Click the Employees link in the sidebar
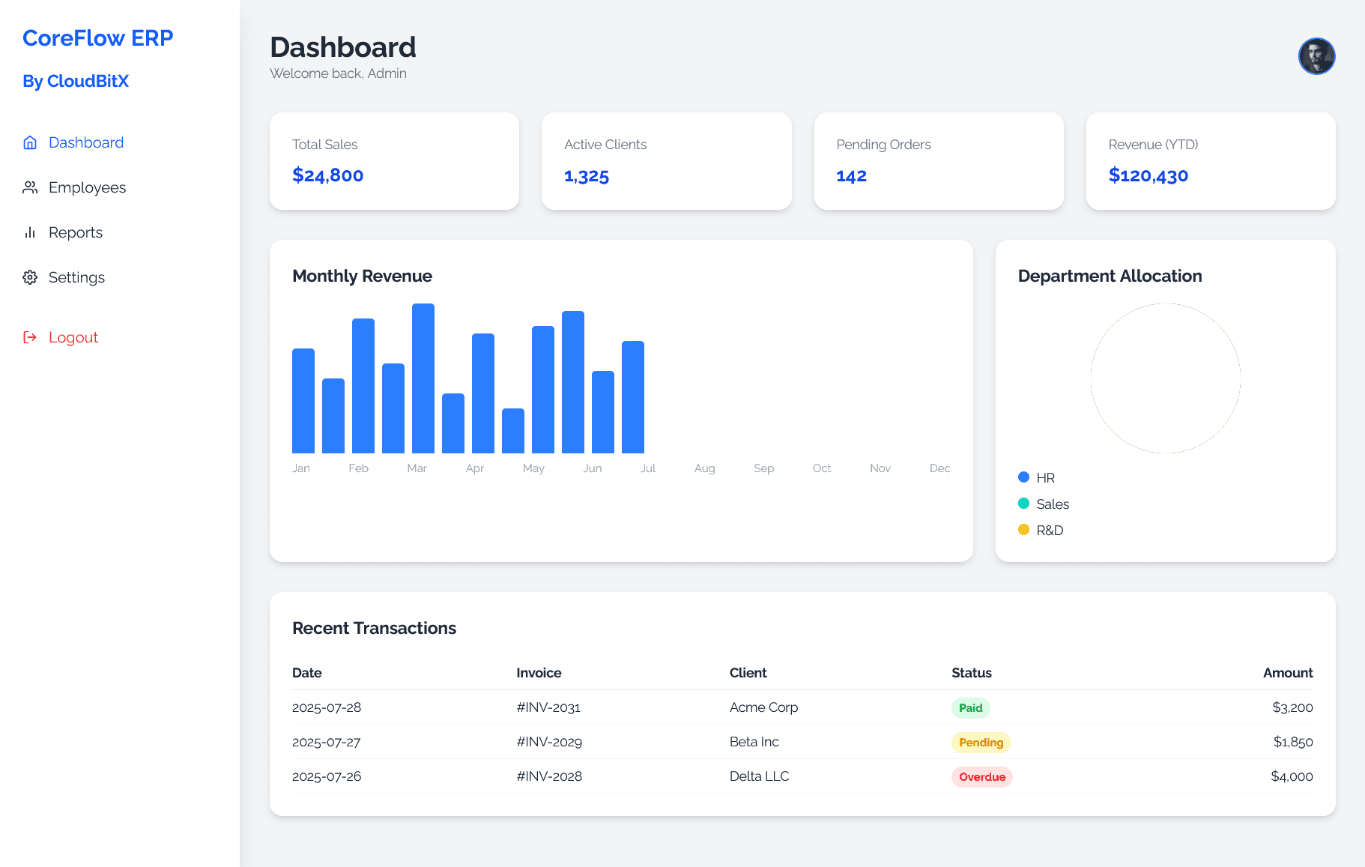[87, 187]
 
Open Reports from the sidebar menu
[75, 232]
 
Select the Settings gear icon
[30, 277]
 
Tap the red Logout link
[73, 337]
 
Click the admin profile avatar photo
[1316, 56]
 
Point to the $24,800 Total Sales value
[327, 175]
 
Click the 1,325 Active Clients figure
[586, 176]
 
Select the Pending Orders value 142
[851, 176]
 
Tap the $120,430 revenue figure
[1148, 175]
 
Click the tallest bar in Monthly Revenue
[423, 378]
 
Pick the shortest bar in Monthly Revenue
[513, 431]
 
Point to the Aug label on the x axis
[704, 468]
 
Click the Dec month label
[939, 468]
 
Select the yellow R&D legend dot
[1023, 530]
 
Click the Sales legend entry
[1052, 504]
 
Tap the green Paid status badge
[970, 708]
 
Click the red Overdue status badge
[981, 777]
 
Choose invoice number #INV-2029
[549, 742]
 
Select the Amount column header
[1287, 673]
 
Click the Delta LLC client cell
[759, 776]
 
